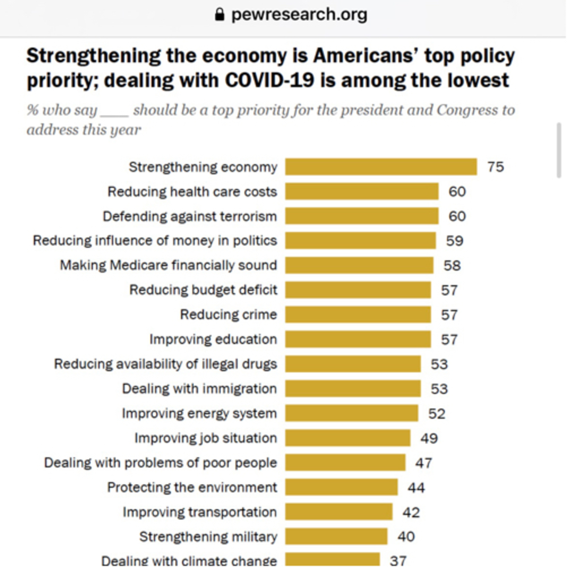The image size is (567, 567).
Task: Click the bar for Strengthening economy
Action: (x=381, y=167)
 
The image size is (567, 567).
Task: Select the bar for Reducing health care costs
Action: (x=362, y=191)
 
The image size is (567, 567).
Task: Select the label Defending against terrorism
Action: (x=190, y=216)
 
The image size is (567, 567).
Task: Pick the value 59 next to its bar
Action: (x=454, y=241)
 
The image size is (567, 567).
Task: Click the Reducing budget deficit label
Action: (x=203, y=290)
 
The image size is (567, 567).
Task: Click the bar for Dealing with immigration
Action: (x=353, y=389)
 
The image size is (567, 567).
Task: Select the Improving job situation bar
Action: (x=348, y=438)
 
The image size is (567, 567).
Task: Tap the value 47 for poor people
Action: (x=423, y=463)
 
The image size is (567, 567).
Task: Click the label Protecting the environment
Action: (x=192, y=487)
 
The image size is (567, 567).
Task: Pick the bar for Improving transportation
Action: (x=339, y=512)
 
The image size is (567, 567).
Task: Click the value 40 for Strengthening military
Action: (x=406, y=537)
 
